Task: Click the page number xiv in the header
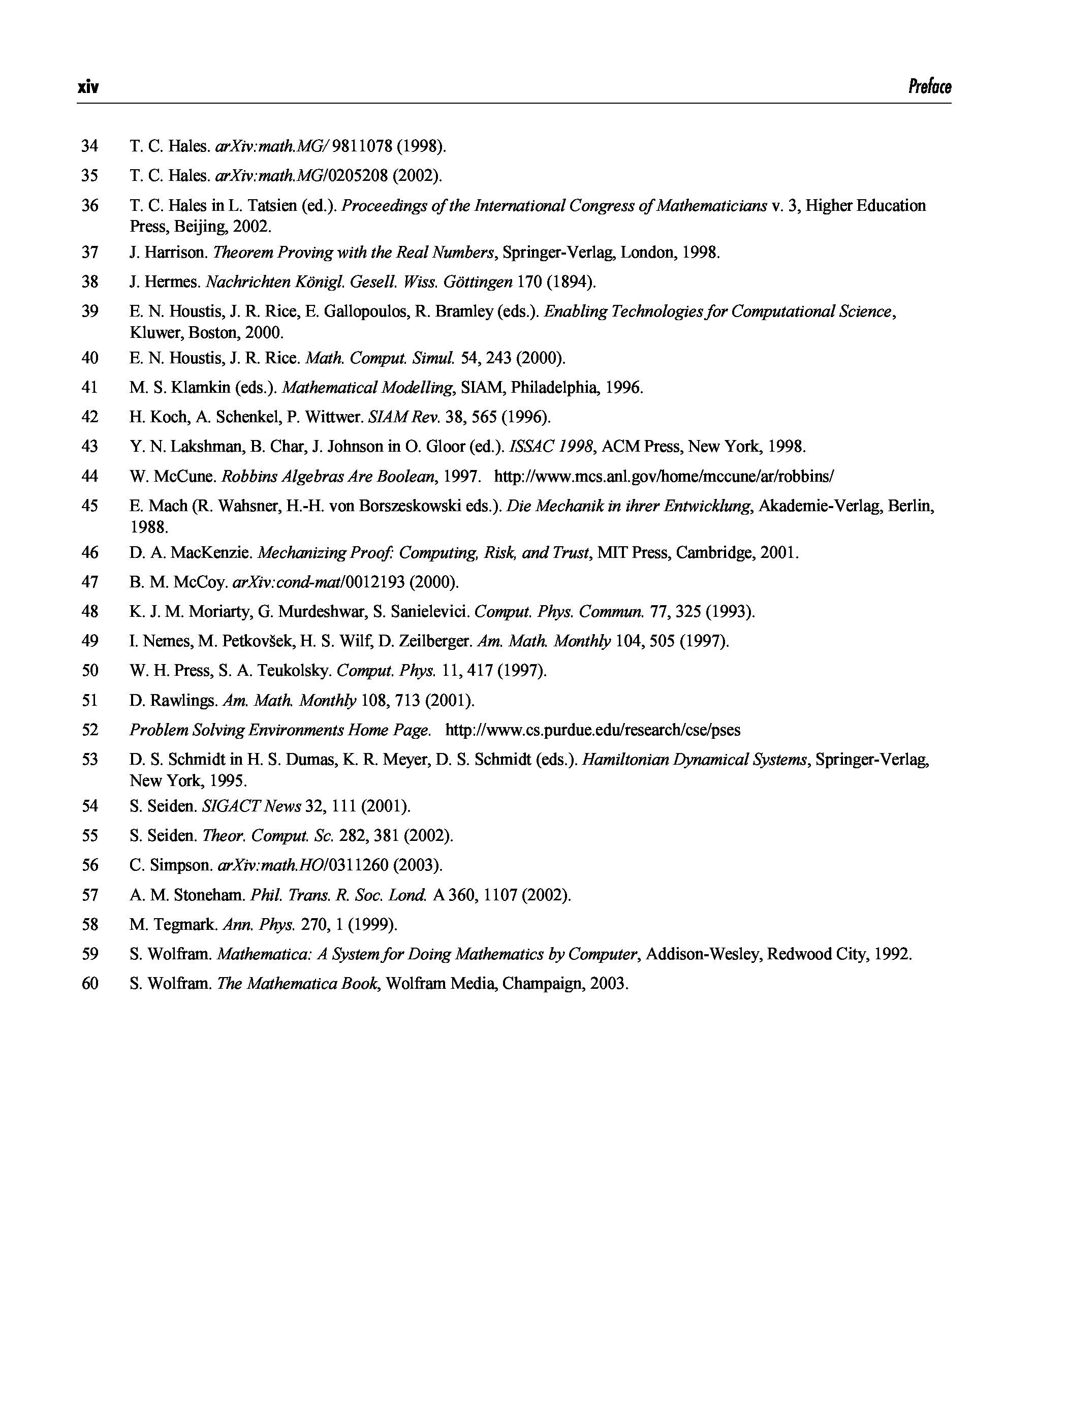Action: pyautogui.click(x=88, y=87)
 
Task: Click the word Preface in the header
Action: pyautogui.click(x=929, y=86)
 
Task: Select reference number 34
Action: pyautogui.click(x=90, y=146)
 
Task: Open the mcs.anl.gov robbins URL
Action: pyautogui.click(x=664, y=476)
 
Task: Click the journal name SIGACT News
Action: pyautogui.click(x=251, y=806)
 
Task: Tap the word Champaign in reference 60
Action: pyautogui.click(x=543, y=984)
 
